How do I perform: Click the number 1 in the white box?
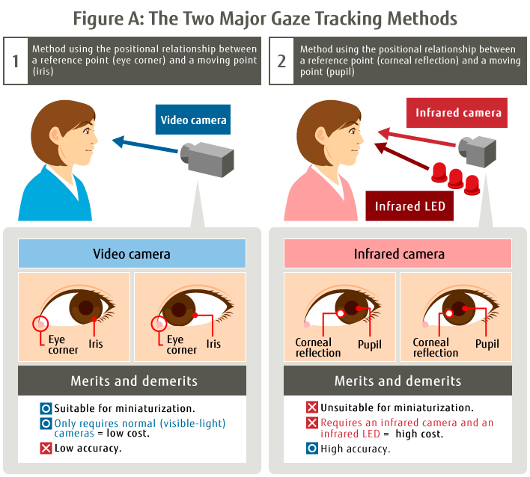[16, 61]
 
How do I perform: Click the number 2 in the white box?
[281, 61]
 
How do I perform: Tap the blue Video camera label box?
[193, 120]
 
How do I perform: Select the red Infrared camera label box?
[457, 113]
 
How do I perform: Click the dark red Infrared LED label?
[409, 206]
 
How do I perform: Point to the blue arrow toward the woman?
[145, 144]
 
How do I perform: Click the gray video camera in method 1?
[207, 159]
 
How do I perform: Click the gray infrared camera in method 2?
[478, 151]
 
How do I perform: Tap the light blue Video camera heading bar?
[132, 253]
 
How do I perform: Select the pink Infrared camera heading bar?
[397, 253]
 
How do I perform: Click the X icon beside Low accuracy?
[46, 449]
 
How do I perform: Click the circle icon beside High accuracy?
[312, 449]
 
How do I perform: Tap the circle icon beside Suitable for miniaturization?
[46, 408]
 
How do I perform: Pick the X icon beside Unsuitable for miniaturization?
[312, 407]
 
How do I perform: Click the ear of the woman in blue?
[55, 136]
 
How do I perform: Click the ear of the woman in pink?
[321, 136]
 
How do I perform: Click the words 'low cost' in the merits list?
[128, 433]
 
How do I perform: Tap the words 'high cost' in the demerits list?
[419, 434]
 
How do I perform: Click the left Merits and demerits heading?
[134, 381]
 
